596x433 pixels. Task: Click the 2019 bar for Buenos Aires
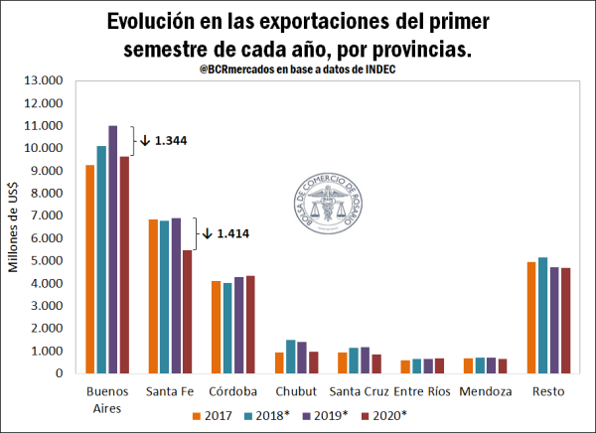click(x=112, y=249)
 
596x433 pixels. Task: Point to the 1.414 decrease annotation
click(x=228, y=234)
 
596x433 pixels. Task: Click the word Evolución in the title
click(x=154, y=22)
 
